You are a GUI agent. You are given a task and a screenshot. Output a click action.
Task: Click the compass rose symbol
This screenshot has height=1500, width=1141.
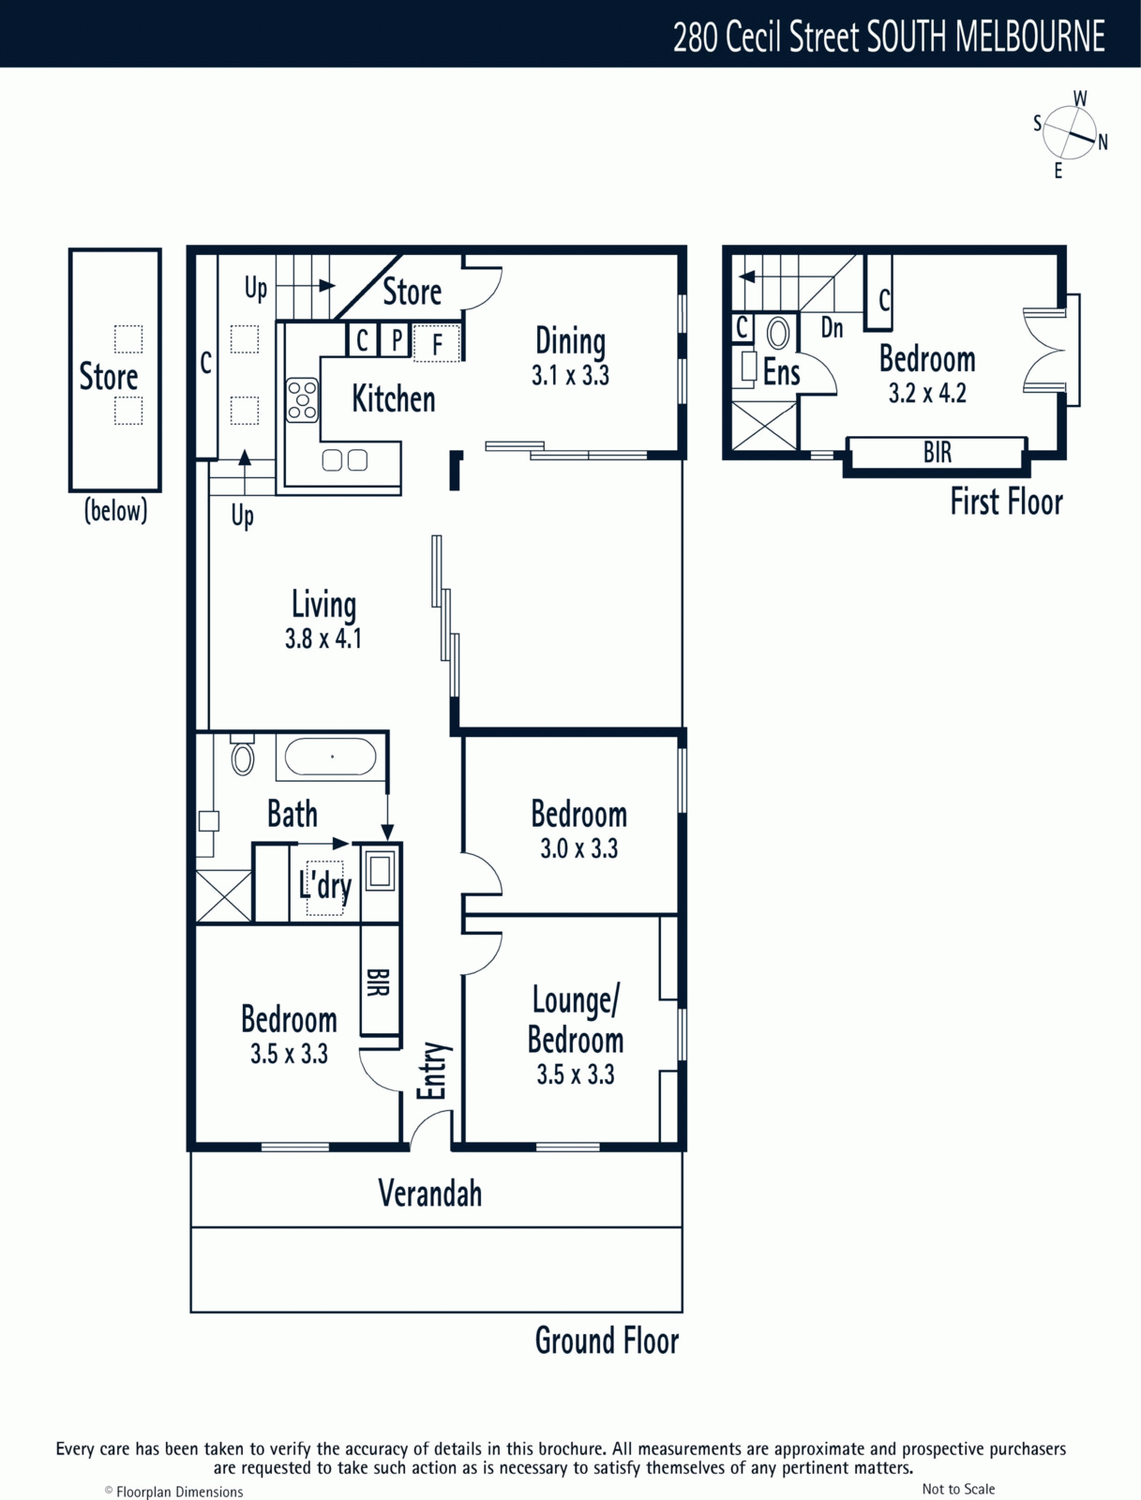click(1070, 134)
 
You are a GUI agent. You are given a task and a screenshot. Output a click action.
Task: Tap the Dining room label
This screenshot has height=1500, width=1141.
click(570, 341)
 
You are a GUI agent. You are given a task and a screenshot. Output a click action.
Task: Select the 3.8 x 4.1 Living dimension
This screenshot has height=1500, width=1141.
click(323, 639)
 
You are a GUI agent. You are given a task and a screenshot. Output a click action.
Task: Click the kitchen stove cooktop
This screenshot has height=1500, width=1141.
click(302, 399)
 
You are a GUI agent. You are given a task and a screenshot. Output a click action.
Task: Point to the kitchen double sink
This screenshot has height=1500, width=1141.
click(344, 460)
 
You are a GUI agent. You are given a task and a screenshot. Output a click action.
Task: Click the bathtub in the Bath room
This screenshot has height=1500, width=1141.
click(330, 757)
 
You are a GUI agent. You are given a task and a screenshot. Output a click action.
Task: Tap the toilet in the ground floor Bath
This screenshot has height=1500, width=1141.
click(243, 755)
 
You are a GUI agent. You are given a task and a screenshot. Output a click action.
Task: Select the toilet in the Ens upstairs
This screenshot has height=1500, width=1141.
click(778, 334)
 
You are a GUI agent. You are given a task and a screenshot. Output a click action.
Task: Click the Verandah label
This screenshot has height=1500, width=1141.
click(429, 1193)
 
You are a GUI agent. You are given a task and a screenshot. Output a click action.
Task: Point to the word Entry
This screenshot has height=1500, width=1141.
click(431, 1071)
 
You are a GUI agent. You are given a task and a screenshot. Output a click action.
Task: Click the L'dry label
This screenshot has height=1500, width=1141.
click(325, 886)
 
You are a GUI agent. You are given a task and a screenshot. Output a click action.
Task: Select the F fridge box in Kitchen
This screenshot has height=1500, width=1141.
click(437, 342)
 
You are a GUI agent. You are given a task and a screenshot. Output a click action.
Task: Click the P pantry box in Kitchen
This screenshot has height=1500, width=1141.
click(397, 339)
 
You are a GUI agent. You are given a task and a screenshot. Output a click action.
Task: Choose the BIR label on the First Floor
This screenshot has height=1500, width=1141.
click(938, 453)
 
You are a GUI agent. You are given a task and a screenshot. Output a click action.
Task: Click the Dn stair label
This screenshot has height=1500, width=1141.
click(833, 328)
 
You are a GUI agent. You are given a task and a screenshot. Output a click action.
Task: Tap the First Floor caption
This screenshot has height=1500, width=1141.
click(1006, 502)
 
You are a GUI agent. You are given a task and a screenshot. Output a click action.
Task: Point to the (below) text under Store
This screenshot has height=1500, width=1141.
click(115, 511)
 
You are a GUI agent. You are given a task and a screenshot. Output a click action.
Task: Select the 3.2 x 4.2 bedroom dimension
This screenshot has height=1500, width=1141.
click(927, 394)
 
